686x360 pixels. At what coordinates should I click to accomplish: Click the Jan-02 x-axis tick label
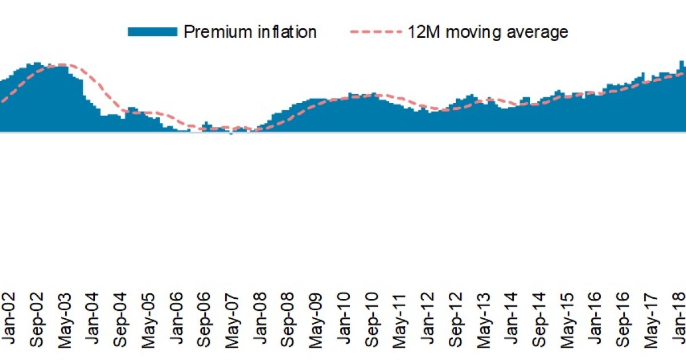[x=9, y=320]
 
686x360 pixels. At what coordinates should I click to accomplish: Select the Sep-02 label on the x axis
[x=37, y=320]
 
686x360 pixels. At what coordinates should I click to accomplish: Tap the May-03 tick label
[x=65, y=320]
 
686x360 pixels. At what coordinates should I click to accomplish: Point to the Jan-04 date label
[x=93, y=320]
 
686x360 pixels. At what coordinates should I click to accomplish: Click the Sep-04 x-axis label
[x=121, y=320]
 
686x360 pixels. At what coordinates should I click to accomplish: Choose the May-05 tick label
[x=149, y=320]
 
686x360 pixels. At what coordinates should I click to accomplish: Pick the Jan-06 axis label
[x=176, y=320]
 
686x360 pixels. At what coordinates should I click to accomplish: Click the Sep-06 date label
[x=204, y=320]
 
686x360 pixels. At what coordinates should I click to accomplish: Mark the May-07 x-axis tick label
[x=232, y=320]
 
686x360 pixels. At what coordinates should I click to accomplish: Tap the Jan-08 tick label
[x=260, y=320]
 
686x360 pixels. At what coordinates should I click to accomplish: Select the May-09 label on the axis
[x=316, y=320]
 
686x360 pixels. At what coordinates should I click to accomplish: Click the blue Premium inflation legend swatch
[x=152, y=32]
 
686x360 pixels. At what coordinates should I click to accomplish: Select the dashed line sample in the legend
[x=374, y=32]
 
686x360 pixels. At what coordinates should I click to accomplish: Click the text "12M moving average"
[x=488, y=32]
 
